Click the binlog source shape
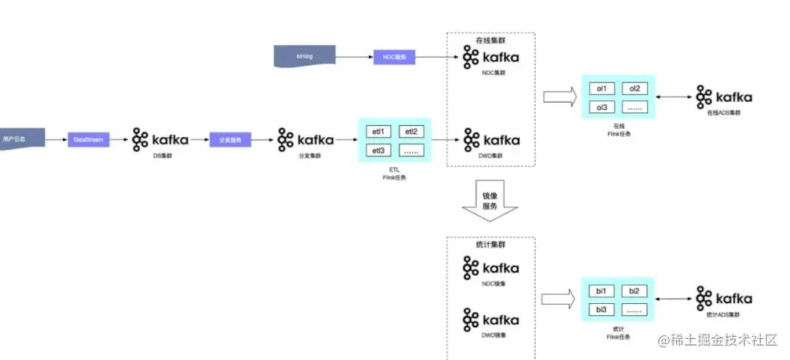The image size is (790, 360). point(304,56)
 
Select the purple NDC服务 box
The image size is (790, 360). point(394,57)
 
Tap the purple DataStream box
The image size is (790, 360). point(89,138)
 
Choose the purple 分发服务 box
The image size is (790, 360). point(230,139)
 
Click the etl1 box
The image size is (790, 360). point(378,132)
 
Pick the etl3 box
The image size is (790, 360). point(378,150)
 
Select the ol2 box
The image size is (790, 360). point(634,88)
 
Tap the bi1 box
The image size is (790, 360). point(601,290)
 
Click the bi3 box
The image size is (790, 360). point(601,309)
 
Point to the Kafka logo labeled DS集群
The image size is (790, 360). point(160,139)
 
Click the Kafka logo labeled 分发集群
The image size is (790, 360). point(305,139)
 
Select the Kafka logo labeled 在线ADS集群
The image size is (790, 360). point(723,97)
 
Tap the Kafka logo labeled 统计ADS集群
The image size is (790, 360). point(723,297)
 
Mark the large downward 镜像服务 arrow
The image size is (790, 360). point(490,203)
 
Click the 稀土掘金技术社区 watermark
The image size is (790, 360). point(718,340)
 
